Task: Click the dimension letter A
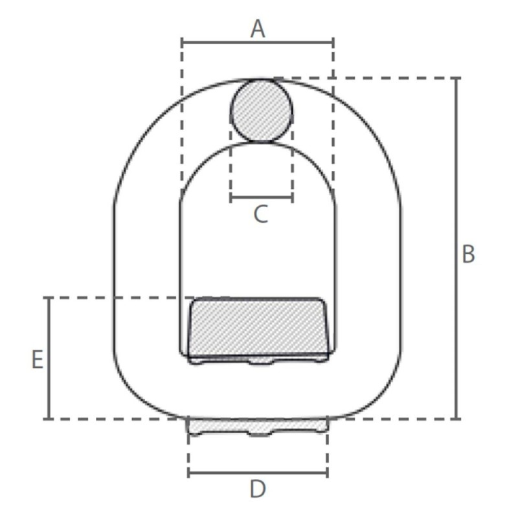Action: point(258,29)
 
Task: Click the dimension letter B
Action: point(468,254)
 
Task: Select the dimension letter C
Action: point(260,214)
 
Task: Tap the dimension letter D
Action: point(258,490)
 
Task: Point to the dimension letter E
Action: point(38,359)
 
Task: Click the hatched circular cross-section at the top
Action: point(261,111)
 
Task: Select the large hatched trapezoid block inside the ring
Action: point(258,328)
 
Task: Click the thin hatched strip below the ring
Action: point(258,426)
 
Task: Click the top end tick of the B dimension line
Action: point(457,78)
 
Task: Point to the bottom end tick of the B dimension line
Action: point(457,418)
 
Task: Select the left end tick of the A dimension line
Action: point(183,43)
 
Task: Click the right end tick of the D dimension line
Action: point(327,473)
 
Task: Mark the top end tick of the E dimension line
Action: point(49,298)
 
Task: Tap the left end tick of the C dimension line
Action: point(231,197)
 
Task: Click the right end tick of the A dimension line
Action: point(333,43)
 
